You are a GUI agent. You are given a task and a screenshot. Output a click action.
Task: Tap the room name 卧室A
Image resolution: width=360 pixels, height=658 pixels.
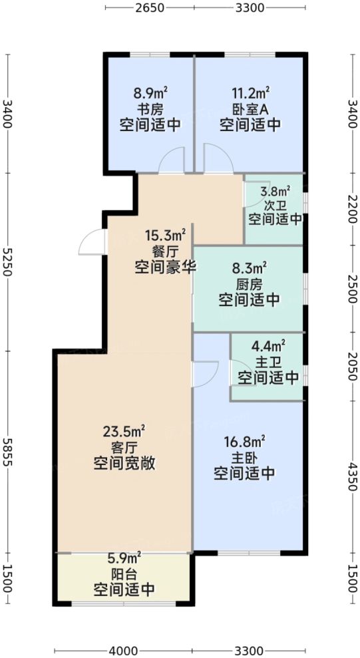click(250, 109)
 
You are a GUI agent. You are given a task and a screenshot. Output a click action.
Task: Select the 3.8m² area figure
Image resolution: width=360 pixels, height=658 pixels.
click(275, 191)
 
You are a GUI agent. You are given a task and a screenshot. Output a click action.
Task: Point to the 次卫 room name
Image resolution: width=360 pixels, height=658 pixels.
click(274, 205)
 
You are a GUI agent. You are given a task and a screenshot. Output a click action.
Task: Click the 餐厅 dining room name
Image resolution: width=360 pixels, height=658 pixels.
click(165, 251)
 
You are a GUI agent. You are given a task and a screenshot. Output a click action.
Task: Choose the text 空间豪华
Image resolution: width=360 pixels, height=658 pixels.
click(165, 267)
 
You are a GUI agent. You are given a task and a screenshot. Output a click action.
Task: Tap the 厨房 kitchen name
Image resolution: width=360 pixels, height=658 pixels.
click(250, 284)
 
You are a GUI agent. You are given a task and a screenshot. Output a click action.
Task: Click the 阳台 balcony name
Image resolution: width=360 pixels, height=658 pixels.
click(124, 574)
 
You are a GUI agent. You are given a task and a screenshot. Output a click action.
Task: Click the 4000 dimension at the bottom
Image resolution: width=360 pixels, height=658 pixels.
click(124, 650)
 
